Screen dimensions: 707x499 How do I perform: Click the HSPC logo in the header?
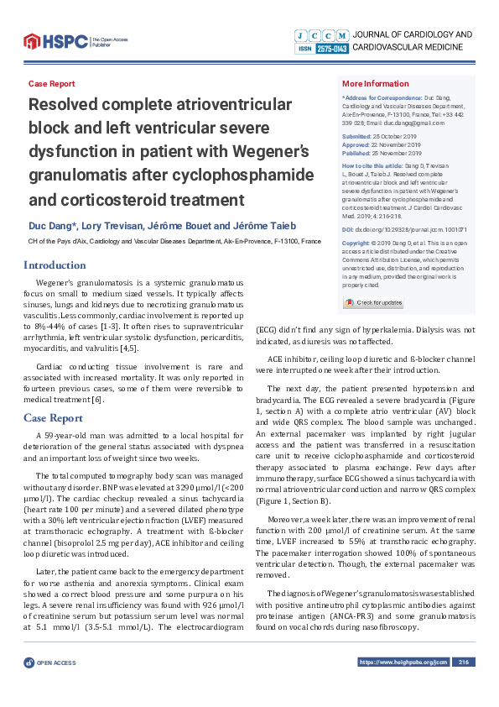55,39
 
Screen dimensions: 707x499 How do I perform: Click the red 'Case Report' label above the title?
51,84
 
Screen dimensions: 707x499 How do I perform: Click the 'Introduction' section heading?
55,265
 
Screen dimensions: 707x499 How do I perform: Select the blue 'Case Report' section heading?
53,417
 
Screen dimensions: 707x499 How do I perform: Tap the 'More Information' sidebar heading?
375,84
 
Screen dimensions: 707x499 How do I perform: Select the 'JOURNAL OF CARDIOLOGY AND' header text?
413,34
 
